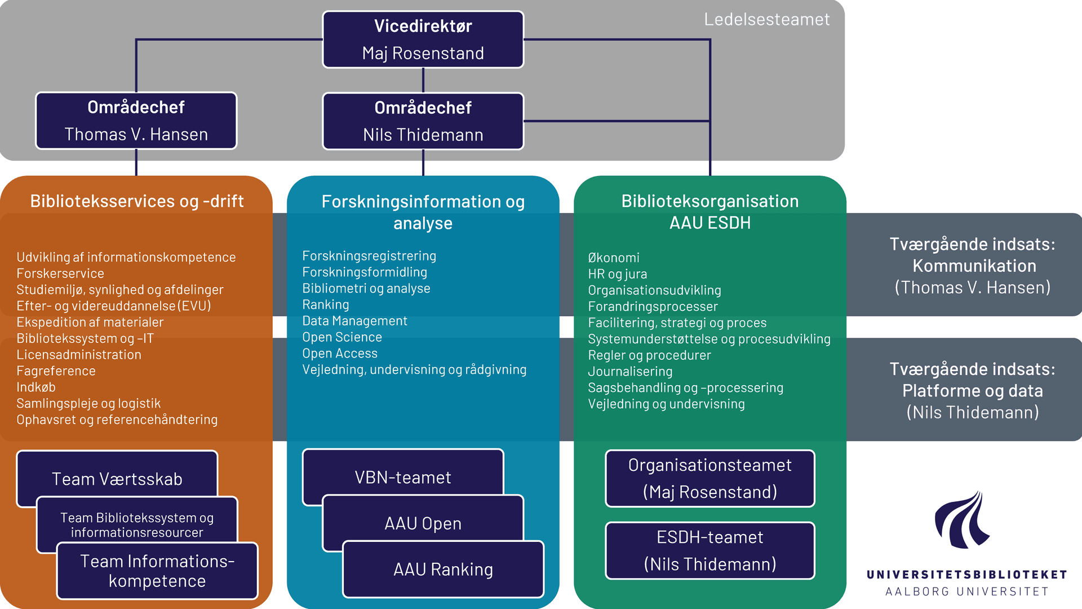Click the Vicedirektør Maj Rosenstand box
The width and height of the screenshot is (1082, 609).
pyautogui.click(x=423, y=39)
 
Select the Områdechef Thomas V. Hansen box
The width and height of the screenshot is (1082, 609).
pyautogui.click(x=136, y=121)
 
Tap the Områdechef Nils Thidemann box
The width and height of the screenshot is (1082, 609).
pyautogui.click(x=423, y=121)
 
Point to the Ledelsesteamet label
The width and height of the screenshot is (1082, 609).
pyautogui.click(x=766, y=20)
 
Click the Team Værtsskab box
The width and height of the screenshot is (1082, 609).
pyautogui.click(x=117, y=478)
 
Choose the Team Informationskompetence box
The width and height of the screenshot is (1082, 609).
pyautogui.click(x=157, y=571)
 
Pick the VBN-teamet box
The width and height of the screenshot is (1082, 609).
pyautogui.click(x=402, y=477)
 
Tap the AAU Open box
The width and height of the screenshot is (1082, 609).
pyautogui.click(x=423, y=523)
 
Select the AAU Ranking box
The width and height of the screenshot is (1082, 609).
pyautogui.click(x=443, y=570)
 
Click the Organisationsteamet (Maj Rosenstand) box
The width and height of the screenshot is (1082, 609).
pyautogui.click(x=709, y=478)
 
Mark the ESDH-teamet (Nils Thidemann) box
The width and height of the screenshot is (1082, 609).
pyautogui.click(x=709, y=550)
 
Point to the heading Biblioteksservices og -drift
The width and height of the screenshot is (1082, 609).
pyautogui.click(x=136, y=201)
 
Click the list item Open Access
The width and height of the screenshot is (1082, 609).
pyautogui.click(x=340, y=354)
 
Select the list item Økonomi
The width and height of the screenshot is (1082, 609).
pyautogui.click(x=614, y=258)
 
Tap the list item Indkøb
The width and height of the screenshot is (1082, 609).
pyautogui.click(x=36, y=387)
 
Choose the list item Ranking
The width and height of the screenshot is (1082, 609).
pyautogui.click(x=326, y=305)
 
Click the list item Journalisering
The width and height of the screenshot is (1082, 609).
pyautogui.click(x=630, y=372)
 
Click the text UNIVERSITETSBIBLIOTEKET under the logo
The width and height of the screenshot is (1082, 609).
pyautogui.click(x=966, y=575)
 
